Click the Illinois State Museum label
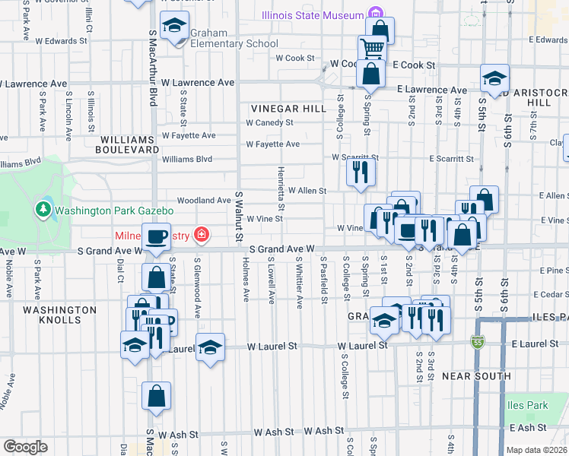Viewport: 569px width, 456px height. coord(313,14)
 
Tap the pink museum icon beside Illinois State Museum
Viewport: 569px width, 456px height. coord(374,13)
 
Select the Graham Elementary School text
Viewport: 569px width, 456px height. coord(234,43)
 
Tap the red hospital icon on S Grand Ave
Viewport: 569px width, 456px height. coord(201,234)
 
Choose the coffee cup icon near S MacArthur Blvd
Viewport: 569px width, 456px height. coord(157,237)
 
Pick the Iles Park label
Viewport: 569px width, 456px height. coord(528,405)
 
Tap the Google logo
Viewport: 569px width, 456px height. coord(25,447)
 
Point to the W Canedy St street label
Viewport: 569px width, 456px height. coord(269,122)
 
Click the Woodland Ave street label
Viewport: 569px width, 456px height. coord(203,201)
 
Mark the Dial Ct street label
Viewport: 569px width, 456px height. coord(120,269)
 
